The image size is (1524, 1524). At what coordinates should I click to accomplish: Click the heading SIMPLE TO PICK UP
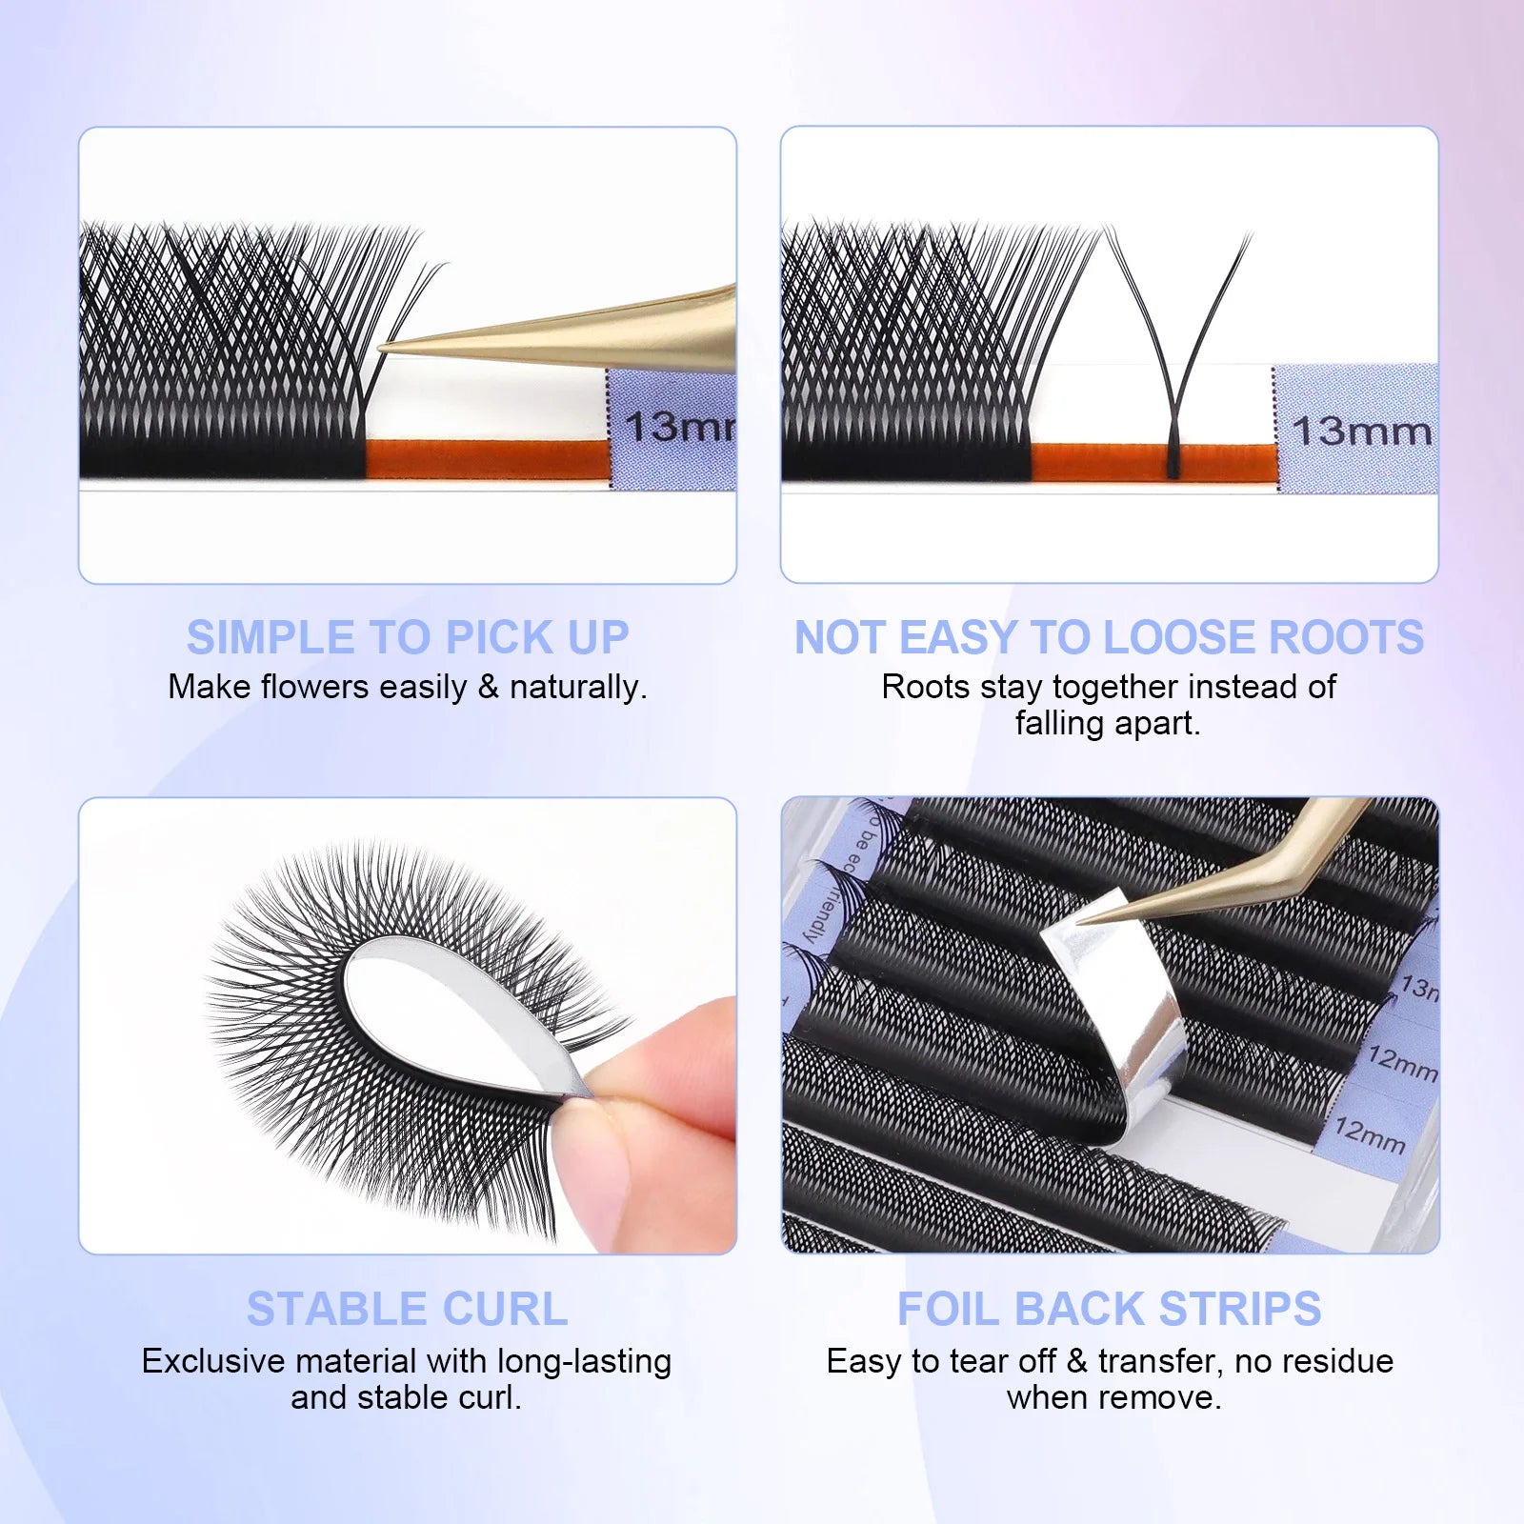coord(408,637)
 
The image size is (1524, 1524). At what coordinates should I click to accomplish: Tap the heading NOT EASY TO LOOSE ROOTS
coord(1109,637)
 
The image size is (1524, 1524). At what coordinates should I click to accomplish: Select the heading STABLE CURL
coord(408,1309)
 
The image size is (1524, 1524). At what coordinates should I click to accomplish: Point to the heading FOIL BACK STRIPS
coord(1109,1309)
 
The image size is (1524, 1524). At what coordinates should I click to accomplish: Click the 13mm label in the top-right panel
coord(1361,431)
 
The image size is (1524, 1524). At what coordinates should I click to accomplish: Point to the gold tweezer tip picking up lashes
coord(391,349)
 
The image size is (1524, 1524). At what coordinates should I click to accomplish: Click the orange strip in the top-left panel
coord(486,459)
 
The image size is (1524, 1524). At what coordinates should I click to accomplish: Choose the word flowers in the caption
coord(314,687)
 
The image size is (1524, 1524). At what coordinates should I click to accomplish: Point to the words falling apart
coord(1107,723)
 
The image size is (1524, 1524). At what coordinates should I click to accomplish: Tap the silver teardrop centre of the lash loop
coord(448,1019)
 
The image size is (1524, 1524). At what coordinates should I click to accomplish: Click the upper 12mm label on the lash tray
coord(1400,1063)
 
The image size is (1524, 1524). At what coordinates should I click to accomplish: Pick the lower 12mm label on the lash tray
coord(1369,1133)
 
